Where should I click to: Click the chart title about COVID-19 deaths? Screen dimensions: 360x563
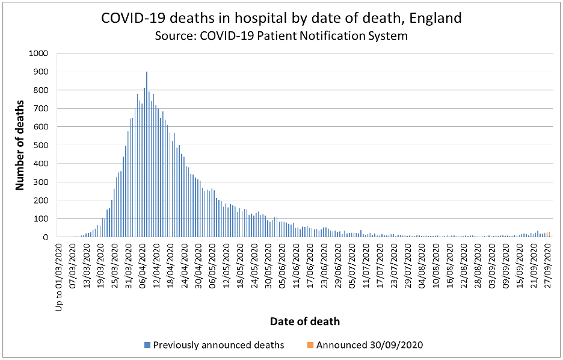(281, 18)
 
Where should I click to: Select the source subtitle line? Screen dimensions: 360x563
(281, 36)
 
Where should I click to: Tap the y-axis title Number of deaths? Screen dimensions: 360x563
(20, 146)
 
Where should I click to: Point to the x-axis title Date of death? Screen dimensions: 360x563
(304, 321)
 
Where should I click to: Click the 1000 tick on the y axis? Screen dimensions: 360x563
(38, 54)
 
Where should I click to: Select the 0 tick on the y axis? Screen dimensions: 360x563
(45, 238)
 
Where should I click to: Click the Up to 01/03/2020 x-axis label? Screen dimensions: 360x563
(59, 276)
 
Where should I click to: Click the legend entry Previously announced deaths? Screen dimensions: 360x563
(218, 345)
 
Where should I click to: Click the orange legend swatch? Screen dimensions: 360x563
(310, 345)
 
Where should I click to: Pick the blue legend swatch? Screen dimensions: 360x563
(147, 345)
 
